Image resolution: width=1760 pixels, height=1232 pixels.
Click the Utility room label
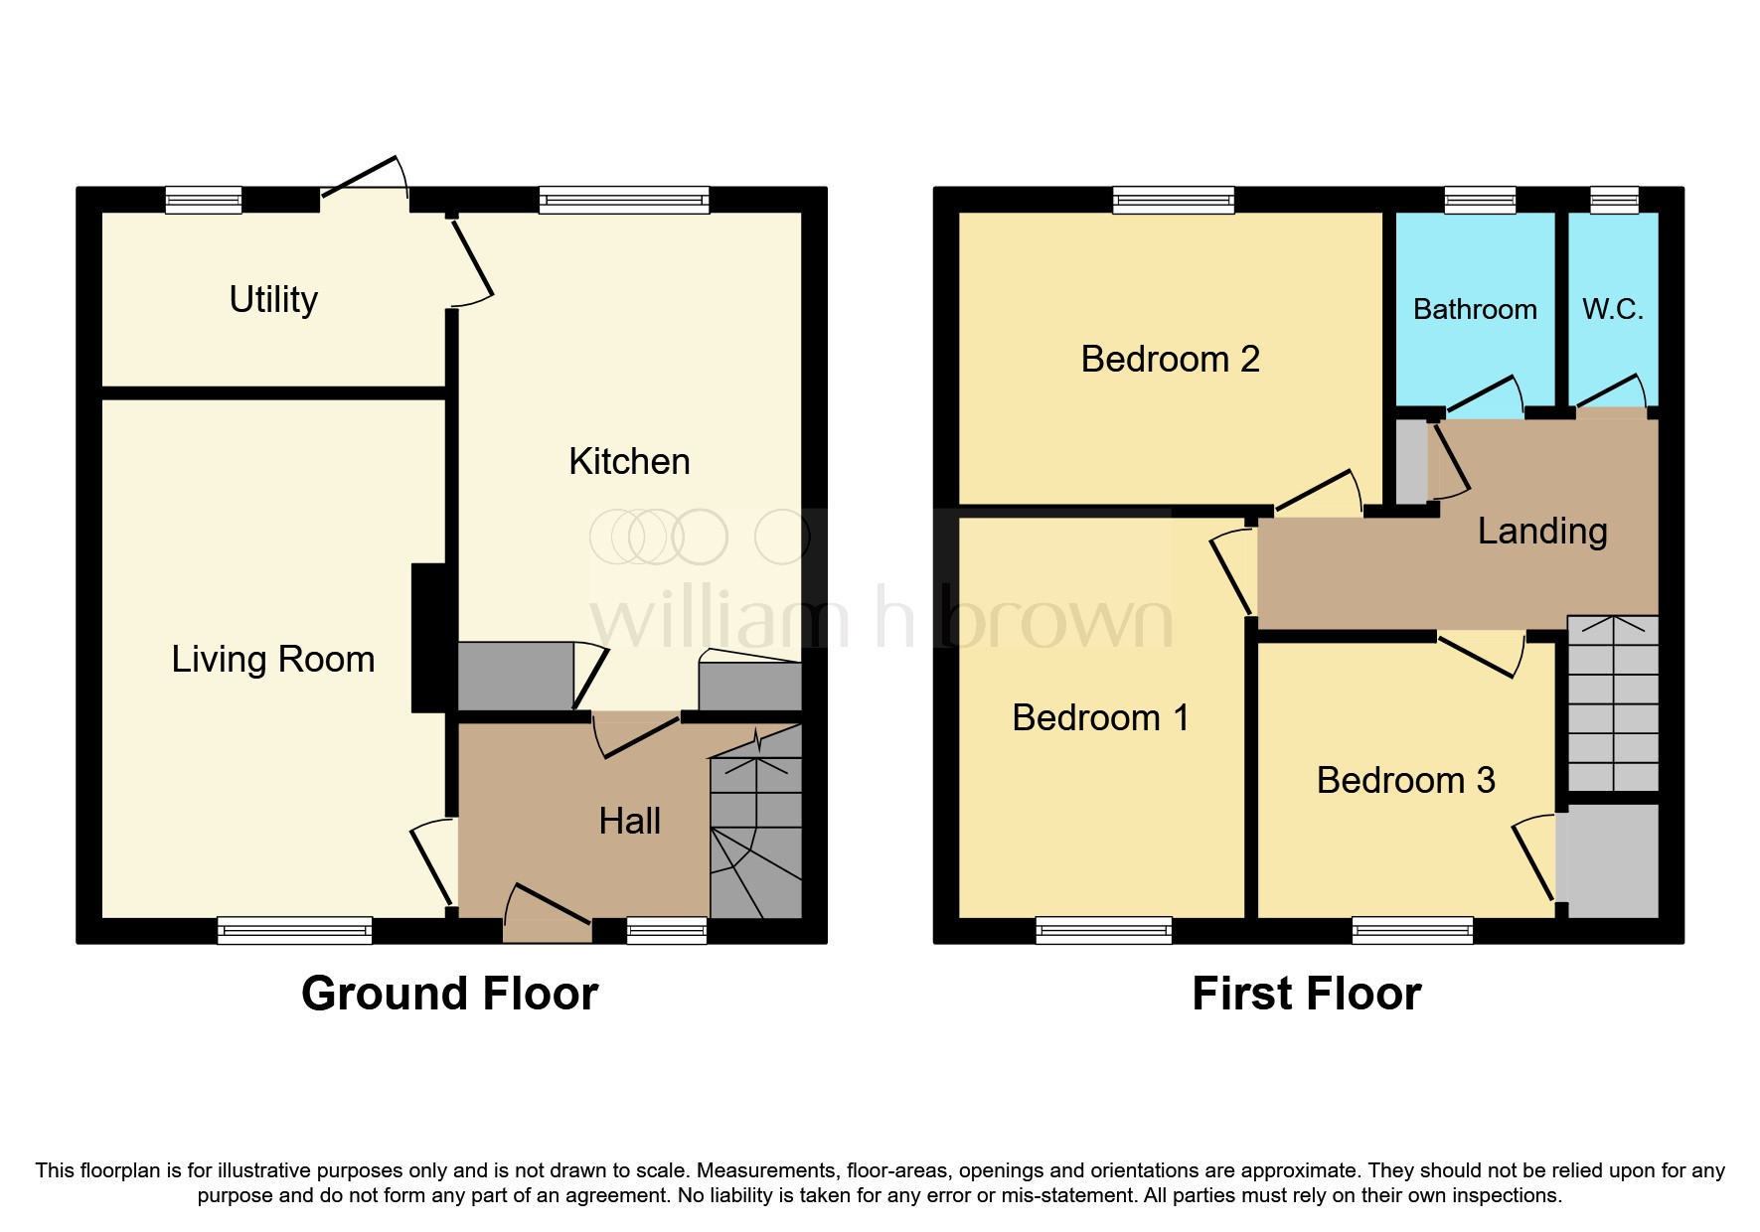[273, 299]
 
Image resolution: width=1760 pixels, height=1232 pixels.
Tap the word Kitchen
[629, 461]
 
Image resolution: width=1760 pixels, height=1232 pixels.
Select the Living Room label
[273, 659]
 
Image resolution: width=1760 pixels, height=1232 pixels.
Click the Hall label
[629, 821]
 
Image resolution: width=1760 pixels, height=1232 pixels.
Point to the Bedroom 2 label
[1170, 359]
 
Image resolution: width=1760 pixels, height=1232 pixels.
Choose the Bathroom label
[1475, 309]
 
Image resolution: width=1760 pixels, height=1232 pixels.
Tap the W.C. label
[1612, 309]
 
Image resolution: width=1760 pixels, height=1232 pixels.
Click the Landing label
[1541, 531]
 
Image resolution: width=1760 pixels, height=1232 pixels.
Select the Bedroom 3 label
[1405, 780]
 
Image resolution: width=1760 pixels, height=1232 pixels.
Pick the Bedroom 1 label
[1100, 717]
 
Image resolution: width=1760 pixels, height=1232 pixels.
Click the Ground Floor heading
[449, 994]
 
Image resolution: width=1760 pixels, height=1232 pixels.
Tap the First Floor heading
[1306, 994]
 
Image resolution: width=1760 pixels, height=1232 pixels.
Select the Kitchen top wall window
[624, 200]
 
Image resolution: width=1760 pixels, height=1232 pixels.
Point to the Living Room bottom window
[294, 930]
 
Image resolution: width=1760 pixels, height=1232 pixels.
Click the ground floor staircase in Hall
[756, 835]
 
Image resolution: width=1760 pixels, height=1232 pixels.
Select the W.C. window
[1614, 200]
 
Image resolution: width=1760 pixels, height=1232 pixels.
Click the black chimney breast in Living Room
[429, 638]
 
